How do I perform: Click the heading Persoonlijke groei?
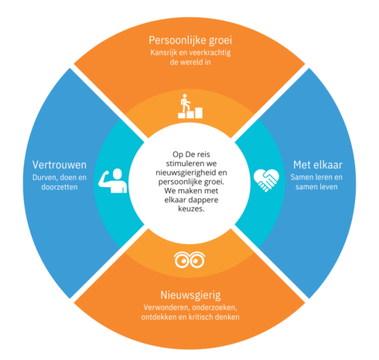(190, 41)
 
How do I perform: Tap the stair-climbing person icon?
(190, 106)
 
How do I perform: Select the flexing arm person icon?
(113, 181)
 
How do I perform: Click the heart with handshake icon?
(266, 180)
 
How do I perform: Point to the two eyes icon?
(189, 260)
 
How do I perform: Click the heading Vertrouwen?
(60, 165)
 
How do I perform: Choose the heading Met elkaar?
(318, 165)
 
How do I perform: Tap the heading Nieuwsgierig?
(190, 295)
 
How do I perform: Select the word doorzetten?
(60, 187)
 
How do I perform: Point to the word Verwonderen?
(166, 307)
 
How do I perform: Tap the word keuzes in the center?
(191, 209)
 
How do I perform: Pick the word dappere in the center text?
(206, 200)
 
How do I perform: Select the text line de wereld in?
(190, 62)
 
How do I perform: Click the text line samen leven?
(316, 187)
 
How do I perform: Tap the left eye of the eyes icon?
(183, 260)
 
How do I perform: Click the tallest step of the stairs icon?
(199, 113)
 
